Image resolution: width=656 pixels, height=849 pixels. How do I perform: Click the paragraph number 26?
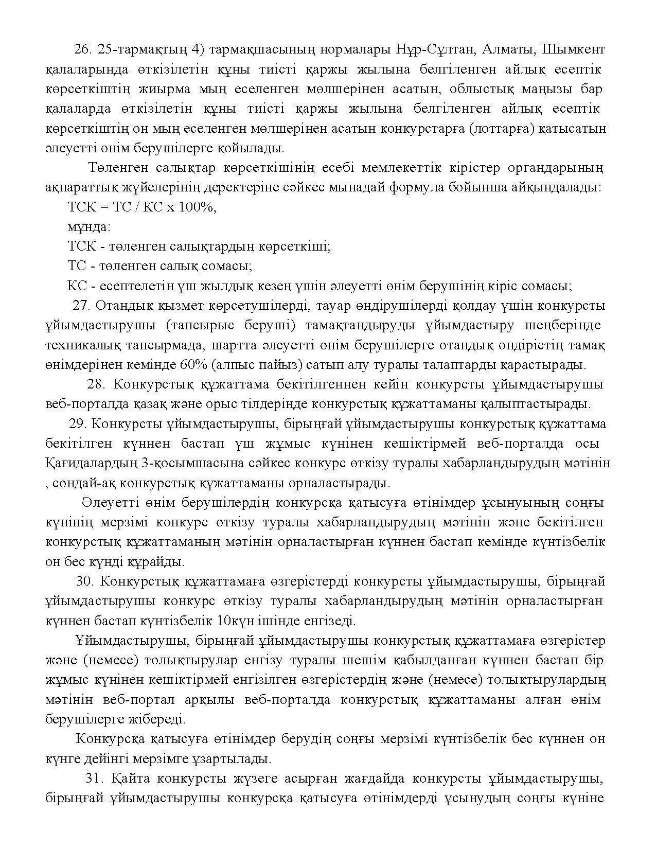[x=82, y=49]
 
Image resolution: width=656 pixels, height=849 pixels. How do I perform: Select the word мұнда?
[x=89, y=227]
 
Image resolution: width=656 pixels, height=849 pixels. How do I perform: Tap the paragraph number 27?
[x=81, y=306]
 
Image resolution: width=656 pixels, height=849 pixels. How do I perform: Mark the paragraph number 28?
[x=96, y=385]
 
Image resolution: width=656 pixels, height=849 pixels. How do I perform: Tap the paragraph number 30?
[x=84, y=582]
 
